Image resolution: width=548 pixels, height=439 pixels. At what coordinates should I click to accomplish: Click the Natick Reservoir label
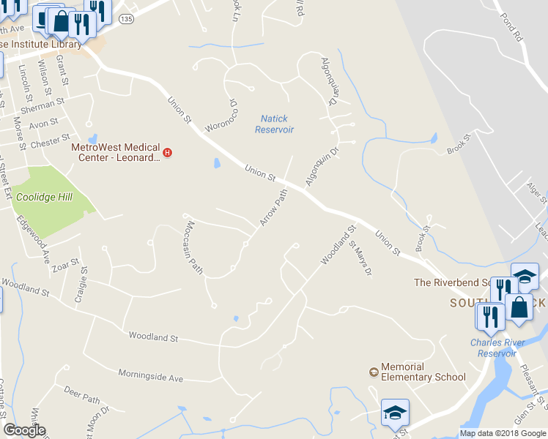click(x=274, y=124)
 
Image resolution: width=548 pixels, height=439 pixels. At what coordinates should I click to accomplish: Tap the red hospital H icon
click(x=168, y=153)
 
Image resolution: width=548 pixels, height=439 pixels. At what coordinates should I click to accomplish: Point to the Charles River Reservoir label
click(x=497, y=348)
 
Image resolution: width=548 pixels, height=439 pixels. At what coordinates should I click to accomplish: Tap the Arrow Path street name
click(x=273, y=207)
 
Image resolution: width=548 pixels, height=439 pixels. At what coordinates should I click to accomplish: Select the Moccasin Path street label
click(x=195, y=247)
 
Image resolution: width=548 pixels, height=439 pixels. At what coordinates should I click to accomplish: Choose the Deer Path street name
click(x=81, y=395)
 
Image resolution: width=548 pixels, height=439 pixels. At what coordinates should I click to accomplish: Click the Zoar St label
click(x=65, y=264)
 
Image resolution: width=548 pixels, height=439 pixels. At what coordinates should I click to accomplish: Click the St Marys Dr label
click(x=360, y=259)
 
